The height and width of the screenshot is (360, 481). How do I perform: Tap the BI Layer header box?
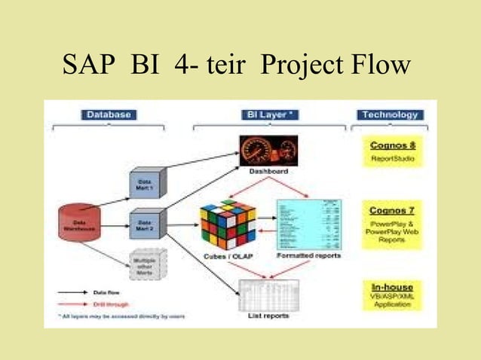pos(269,115)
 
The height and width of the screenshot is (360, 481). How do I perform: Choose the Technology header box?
pos(389,115)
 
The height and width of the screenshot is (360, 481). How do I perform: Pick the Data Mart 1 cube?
pos(146,183)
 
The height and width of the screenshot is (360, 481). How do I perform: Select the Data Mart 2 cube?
pos(146,224)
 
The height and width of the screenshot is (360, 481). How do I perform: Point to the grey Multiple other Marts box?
pos(146,264)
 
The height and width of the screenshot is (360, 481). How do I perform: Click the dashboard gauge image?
pos(268,151)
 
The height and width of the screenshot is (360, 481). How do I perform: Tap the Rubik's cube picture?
pos(227,224)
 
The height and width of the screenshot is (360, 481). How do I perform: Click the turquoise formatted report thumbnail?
pos(308,224)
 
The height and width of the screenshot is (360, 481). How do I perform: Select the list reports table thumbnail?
pos(268,294)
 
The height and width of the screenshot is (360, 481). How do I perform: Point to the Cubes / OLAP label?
pos(226,256)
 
